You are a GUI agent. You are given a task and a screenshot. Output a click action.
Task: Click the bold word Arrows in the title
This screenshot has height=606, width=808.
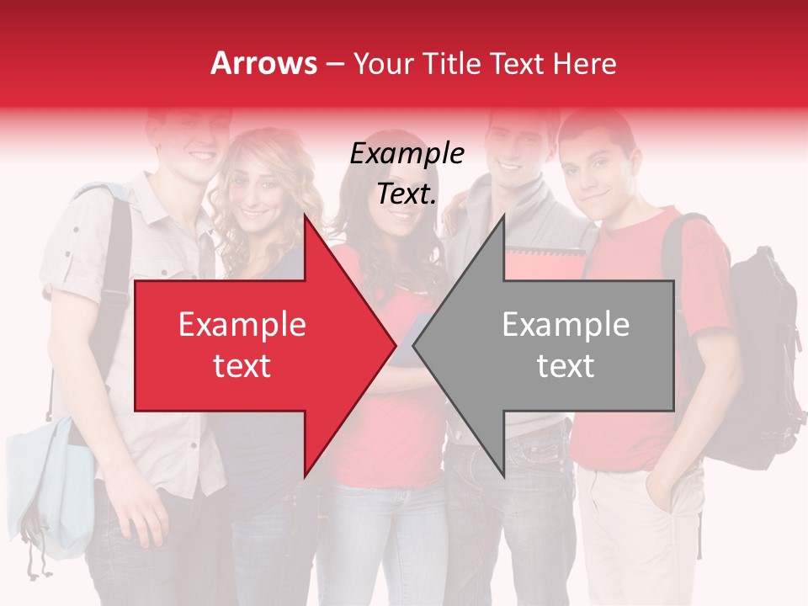pyautogui.click(x=264, y=63)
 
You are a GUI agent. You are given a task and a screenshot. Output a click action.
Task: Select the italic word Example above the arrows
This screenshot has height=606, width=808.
pyautogui.click(x=407, y=154)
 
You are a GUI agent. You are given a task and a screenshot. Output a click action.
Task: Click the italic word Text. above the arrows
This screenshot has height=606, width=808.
pyautogui.click(x=407, y=194)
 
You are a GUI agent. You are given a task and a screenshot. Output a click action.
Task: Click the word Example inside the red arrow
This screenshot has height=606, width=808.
pyautogui.click(x=242, y=325)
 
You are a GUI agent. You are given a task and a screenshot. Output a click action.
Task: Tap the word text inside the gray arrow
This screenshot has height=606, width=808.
pyautogui.click(x=566, y=366)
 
